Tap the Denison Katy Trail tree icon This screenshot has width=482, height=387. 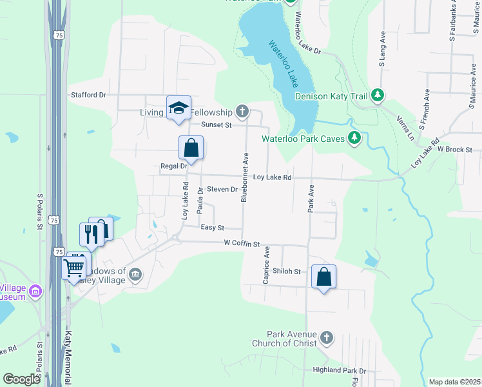[x=378, y=96]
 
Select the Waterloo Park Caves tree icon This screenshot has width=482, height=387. [x=354, y=137]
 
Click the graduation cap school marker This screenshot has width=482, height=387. [x=178, y=108]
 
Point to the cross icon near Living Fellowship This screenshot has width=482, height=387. [x=242, y=112]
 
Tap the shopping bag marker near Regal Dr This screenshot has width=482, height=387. [x=191, y=148]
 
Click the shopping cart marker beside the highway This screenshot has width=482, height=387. [x=75, y=266]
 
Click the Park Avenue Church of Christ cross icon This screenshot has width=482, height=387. [x=327, y=338]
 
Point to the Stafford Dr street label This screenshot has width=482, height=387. [x=88, y=95]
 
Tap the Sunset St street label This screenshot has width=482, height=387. [x=216, y=124]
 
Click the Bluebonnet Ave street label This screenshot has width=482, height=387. [x=245, y=177]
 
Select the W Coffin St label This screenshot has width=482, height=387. [x=241, y=244]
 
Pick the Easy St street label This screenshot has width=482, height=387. [x=212, y=228]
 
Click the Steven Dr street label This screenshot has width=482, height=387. [x=222, y=190]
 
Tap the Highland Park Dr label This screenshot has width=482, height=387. [x=339, y=371]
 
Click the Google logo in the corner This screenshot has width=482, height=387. [x=22, y=379]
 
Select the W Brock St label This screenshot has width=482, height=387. [x=455, y=149]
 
